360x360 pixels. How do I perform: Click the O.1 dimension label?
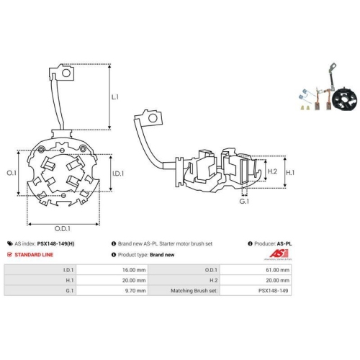click(x=10, y=174)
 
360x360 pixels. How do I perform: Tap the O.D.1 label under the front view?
click(x=63, y=229)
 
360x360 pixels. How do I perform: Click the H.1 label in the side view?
click(x=291, y=172)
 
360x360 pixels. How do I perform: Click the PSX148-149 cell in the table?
click(x=277, y=290)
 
